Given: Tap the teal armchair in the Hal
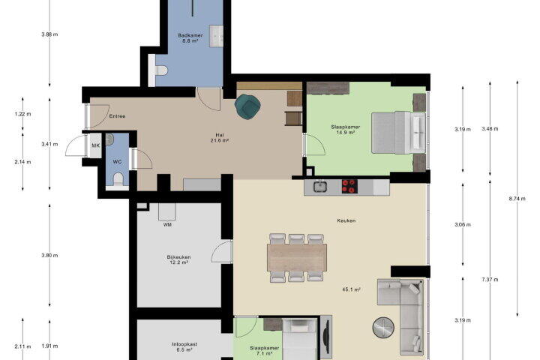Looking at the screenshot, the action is point(247,106).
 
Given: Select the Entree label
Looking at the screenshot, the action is point(117,116).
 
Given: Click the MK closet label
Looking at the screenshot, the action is point(95,145).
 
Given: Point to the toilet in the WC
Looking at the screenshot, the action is point(118,179).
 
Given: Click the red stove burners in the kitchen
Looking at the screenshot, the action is point(349,186).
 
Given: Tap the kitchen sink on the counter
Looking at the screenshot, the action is point(320,186).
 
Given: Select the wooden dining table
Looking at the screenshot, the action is point(297,257).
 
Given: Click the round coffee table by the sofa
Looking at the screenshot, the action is point(383,327).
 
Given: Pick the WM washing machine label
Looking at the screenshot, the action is point(167,224).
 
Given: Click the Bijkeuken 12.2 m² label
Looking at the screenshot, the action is point(178,259).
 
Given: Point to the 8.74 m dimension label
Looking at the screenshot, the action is point(517,199).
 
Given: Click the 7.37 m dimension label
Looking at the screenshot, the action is point(490,280).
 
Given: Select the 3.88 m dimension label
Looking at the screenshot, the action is point(49,34).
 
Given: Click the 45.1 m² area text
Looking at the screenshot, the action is point(351,289).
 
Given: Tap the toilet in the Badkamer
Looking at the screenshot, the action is point(160,70).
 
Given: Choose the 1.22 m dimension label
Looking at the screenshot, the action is point(22,114).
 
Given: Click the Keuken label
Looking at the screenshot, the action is point(346,220).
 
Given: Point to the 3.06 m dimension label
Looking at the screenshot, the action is point(463,224).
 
